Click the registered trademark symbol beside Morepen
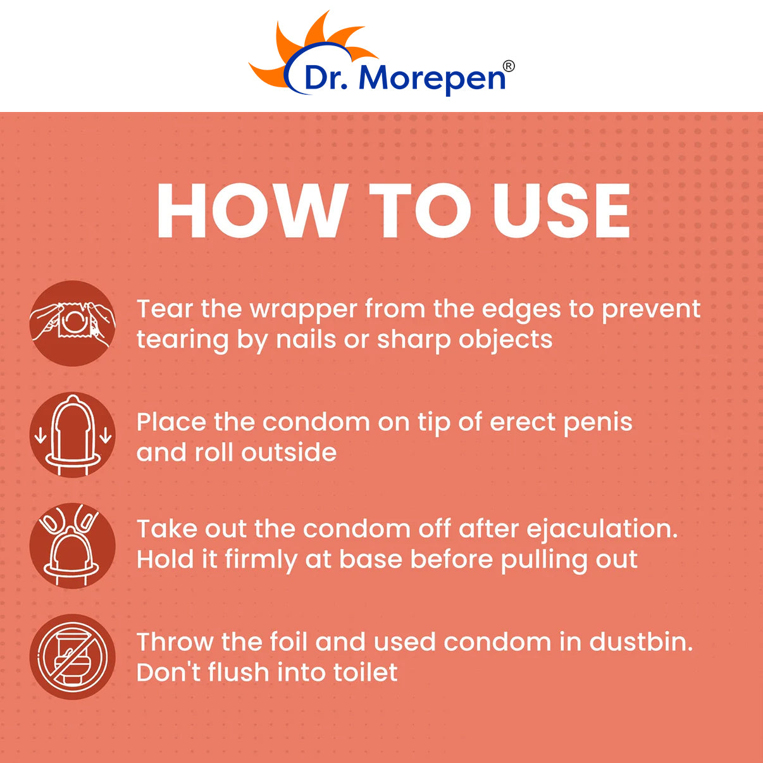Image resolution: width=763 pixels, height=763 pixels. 509,66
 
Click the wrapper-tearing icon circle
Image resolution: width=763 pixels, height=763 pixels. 73,323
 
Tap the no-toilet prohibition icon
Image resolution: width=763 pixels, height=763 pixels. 73,657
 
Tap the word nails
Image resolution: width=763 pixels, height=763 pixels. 306,340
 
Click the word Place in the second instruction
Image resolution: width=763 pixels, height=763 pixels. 171,422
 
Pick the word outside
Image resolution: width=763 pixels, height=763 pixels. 288,452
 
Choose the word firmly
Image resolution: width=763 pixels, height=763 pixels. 261,561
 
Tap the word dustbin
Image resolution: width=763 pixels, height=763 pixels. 641,642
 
